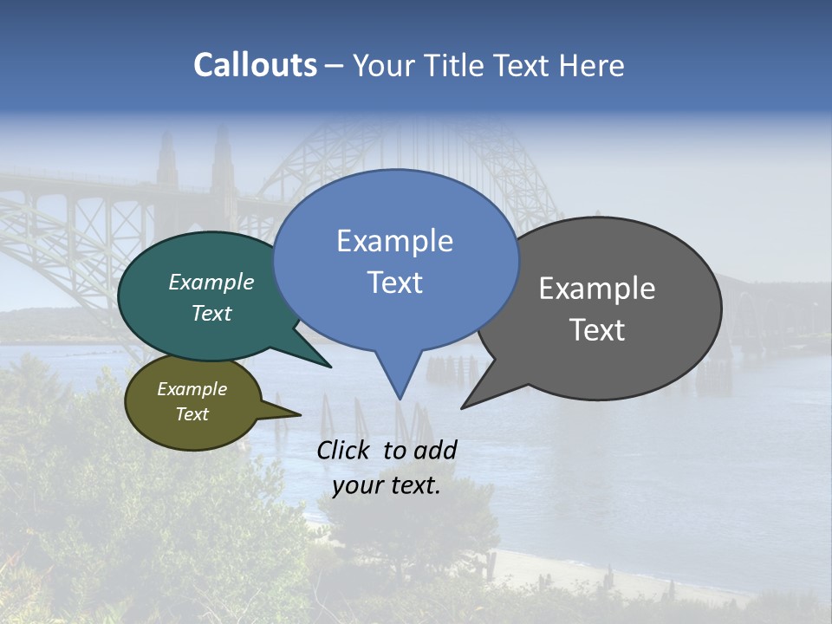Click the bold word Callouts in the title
pos(255,65)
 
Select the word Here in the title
pos(591,66)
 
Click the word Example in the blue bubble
pos(394,241)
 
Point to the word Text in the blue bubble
pos(394,283)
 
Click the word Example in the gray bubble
pos(597,289)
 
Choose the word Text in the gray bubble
pos(597,330)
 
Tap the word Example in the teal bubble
pos(211,283)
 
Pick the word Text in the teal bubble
pos(211,313)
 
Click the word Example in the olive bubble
pos(192,389)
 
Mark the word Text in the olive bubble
pos(192,414)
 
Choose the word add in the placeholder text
pos(436,450)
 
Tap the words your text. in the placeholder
pos(387,485)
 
